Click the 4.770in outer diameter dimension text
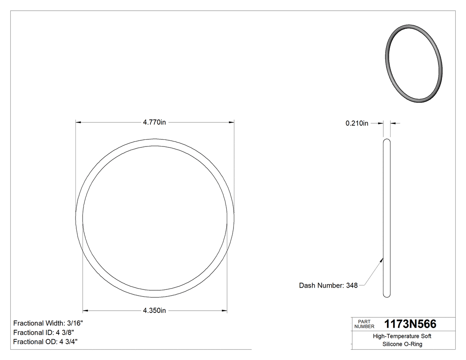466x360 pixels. pyautogui.click(x=154, y=123)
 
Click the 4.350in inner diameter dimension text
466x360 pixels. pyautogui.click(x=154, y=310)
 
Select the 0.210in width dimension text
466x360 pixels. pyautogui.click(x=357, y=123)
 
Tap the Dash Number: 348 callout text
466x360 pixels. pyautogui.click(x=328, y=285)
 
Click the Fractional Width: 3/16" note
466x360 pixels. pyautogui.click(x=48, y=323)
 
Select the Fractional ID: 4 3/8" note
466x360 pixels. pyautogui.click(x=43, y=332)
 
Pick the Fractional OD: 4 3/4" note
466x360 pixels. pyautogui.click(x=46, y=342)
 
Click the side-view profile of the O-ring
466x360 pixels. pyautogui.click(x=387, y=218)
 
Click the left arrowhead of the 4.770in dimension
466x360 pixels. pyautogui.click(x=79, y=122)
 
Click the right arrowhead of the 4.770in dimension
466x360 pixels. pyautogui.click(x=231, y=122)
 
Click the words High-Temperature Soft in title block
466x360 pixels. pyautogui.click(x=402, y=336)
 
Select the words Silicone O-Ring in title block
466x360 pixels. pyautogui.click(x=402, y=344)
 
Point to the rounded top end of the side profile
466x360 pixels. pyautogui.click(x=387, y=141)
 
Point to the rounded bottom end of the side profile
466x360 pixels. pyautogui.click(x=387, y=294)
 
